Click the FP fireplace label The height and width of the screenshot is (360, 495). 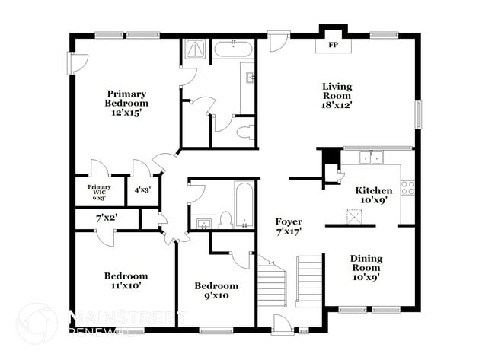(x=332, y=45)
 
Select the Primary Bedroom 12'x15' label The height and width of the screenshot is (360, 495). (x=126, y=103)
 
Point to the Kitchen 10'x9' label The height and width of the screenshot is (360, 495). (x=375, y=196)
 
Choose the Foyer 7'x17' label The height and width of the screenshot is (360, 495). (x=289, y=226)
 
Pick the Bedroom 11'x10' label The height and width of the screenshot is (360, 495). (x=126, y=281)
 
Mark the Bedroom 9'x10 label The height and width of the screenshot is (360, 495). (x=216, y=291)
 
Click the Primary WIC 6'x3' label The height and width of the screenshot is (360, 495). (x=99, y=190)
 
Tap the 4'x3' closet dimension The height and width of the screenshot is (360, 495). (x=142, y=190)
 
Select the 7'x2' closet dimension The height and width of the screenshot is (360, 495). (x=105, y=219)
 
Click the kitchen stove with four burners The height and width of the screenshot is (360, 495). (x=407, y=187)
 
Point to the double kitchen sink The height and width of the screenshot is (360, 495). (x=371, y=158)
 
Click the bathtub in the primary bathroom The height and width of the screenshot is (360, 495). (x=234, y=49)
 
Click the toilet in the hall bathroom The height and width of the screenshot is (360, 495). (x=225, y=221)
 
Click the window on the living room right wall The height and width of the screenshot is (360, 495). (x=417, y=114)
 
